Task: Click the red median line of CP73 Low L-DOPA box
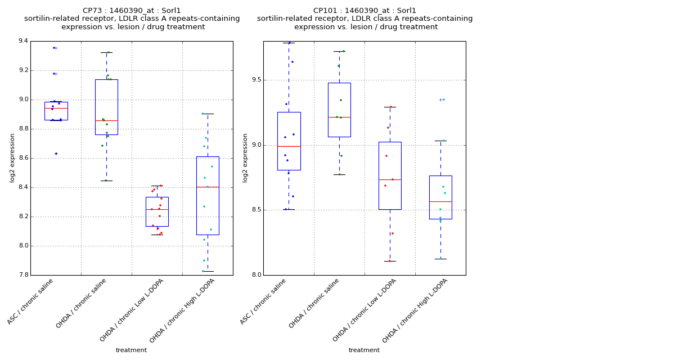click(x=157, y=209)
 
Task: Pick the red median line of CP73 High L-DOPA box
click(x=208, y=187)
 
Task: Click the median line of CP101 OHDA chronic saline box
click(x=339, y=117)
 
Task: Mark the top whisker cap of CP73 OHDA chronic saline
click(x=106, y=52)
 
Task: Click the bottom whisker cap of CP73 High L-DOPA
click(x=208, y=271)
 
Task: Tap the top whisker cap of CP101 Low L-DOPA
click(x=390, y=107)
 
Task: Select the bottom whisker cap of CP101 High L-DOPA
click(x=440, y=259)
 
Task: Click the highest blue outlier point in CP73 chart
click(x=54, y=48)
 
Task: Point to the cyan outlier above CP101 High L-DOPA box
click(x=443, y=100)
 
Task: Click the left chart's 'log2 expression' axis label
click(x=12, y=157)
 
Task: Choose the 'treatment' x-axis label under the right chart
click(x=364, y=350)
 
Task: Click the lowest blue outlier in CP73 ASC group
click(x=56, y=153)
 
